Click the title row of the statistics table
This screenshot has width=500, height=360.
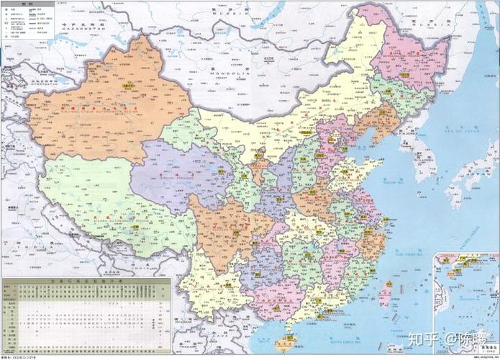[x=86, y=281]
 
